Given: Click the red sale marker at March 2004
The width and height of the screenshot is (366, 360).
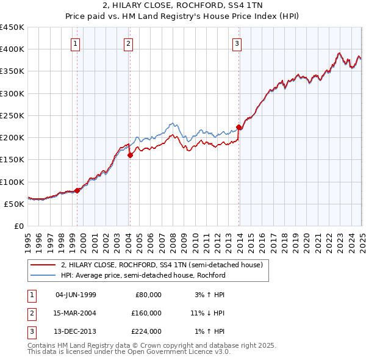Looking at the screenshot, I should point(130,155).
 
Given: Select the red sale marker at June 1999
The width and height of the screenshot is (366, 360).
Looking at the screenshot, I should point(77,190).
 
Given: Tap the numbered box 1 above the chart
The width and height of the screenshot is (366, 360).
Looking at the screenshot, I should point(75,43).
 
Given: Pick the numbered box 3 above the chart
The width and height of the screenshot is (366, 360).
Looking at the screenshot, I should point(237,43).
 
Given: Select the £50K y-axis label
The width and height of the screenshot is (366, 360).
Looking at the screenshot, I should point(15,204).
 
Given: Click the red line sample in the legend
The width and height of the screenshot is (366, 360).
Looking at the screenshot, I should point(43,265).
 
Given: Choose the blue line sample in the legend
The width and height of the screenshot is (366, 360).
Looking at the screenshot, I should point(43,275).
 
